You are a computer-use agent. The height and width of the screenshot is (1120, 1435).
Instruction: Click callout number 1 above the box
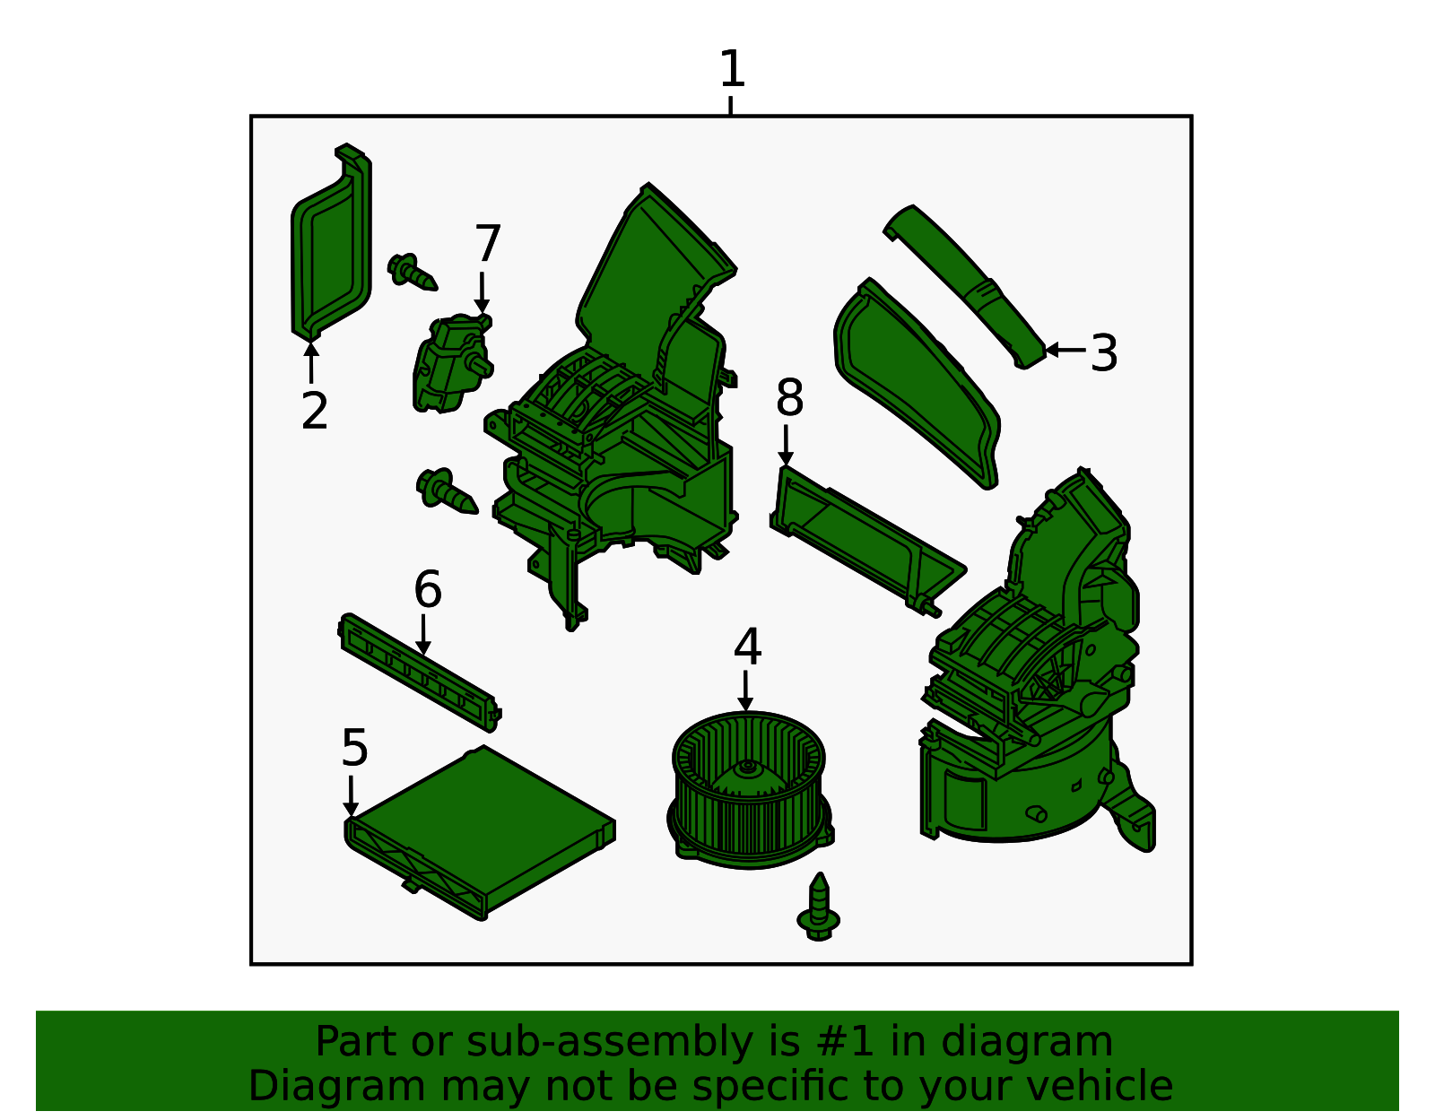(x=732, y=70)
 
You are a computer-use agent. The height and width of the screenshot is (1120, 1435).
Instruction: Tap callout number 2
(x=314, y=412)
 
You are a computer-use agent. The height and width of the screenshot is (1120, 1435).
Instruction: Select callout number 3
(x=1104, y=353)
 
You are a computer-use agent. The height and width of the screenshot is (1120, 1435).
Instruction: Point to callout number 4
(x=747, y=647)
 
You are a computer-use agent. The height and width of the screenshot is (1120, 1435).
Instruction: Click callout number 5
(x=354, y=748)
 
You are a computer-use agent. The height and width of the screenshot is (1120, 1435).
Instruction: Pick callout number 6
(x=428, y=590)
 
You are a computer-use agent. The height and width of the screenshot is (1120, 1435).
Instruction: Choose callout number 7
(x=487, y=244)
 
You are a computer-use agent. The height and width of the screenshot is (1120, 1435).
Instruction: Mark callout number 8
(x=789, y=398)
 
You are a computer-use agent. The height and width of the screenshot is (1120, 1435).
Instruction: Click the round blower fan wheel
(x=748, y=789)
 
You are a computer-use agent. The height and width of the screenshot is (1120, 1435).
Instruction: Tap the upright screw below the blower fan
(x=819, y=907)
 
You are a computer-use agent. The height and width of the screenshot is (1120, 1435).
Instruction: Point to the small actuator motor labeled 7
(x=450, y=363)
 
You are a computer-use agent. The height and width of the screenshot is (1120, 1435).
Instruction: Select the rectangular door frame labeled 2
(x=330, y=247)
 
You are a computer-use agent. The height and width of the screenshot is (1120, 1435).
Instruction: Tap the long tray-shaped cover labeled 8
(x=865, y=538)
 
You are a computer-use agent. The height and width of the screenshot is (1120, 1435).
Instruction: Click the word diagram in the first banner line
(x=1059, y=1042)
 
